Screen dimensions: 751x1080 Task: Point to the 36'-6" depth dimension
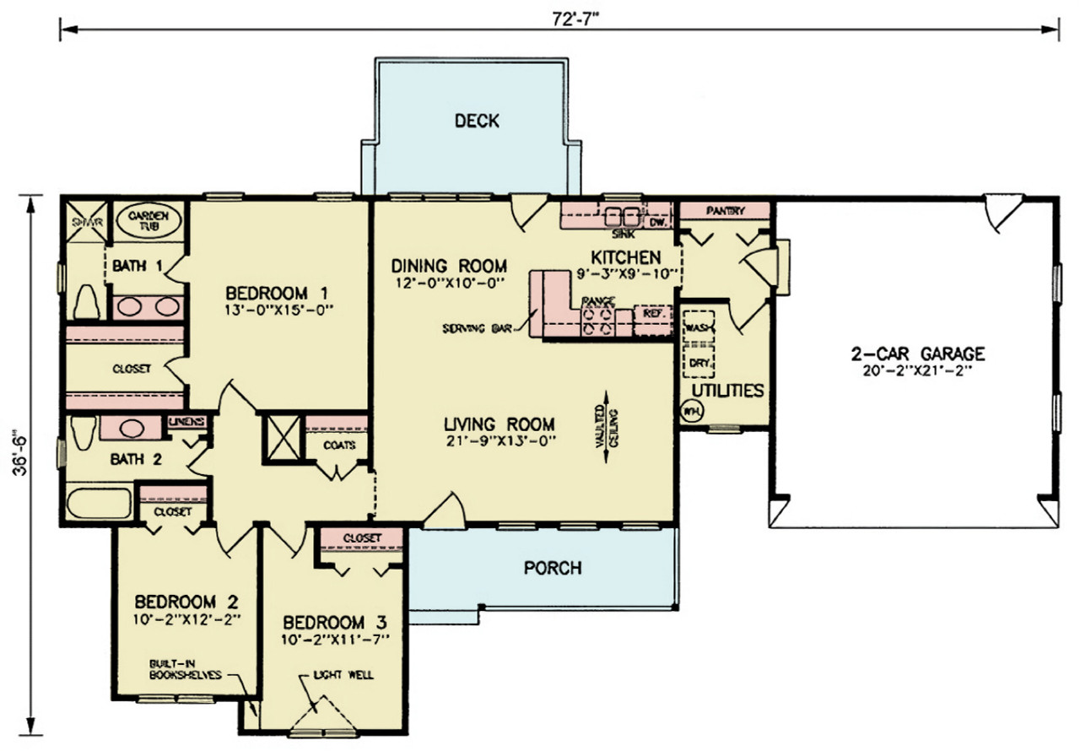coord(19,467)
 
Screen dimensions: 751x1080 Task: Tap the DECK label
coord(477,121)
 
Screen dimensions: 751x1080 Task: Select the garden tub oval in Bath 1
coord(148,223)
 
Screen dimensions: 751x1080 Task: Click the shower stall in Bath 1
coord(85,223)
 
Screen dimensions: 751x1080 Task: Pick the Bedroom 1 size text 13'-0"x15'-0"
coord(276,309)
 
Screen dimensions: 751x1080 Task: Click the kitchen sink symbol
coord(622,213)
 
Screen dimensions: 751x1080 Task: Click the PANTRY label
coord(725,210)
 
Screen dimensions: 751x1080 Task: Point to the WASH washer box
coord(698,327)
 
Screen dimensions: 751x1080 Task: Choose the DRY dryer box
coord(698,363)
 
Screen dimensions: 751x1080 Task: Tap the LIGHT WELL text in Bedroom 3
coord(343,675)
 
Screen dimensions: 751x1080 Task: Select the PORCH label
coord(553,568)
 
